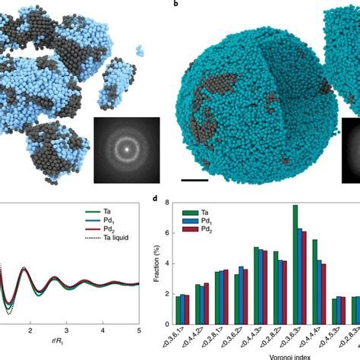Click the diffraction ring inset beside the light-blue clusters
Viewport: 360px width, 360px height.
click(127, 150)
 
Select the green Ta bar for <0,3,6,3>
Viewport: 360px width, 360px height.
click(295, 254)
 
